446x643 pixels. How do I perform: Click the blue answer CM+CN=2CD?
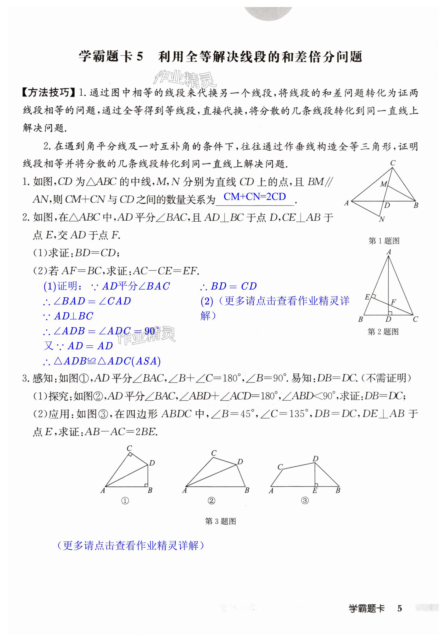pyautogui.click(x=255, y=197)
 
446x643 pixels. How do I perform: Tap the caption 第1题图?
pyautogui.click(x=384, y=241)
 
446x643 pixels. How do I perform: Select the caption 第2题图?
pyautogui.click(x=383, y=332)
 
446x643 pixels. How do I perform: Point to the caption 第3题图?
pyautogui.click(x=220, y=521)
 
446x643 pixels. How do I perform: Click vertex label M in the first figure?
pyautogui.click(x=383, y=184)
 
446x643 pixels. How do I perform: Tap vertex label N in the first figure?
pyautogui.click(x=382, y=220)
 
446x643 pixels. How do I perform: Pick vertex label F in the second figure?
pyautogui.click(x=393, y=302)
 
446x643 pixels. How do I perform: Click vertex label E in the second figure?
pyautogui.click(x=367, y=297)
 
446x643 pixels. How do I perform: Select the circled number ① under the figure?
pyautogui.click(x=125, y=501)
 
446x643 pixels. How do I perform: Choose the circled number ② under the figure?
pyautogui.click(x=211, y=501)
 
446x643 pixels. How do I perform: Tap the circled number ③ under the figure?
pyautogui.click(x=305, y=501)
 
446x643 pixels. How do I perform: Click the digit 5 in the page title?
pyautogui.click(x=140, y=57)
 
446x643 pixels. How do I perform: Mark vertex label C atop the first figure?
pyautogui.click(x=393, y=163)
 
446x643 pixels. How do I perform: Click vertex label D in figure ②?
pyautogui.click(x=240, y=462)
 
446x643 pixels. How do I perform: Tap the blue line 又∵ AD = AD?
pyautogui.click(x=79, y=346)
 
